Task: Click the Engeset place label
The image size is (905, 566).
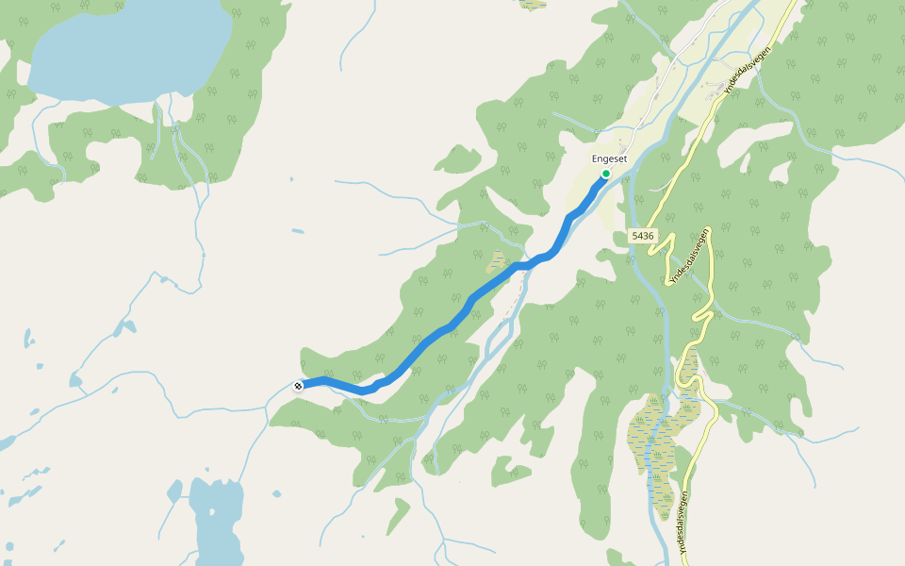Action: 609,159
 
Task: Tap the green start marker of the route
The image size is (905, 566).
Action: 605,174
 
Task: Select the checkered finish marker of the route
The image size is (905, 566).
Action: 298,385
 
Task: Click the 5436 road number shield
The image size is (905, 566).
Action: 642,235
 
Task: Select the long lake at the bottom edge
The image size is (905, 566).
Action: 217,524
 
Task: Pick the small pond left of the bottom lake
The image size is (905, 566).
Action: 174,491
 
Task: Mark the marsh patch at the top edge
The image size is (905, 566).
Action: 534,4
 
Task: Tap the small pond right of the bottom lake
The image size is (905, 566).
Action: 276,493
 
